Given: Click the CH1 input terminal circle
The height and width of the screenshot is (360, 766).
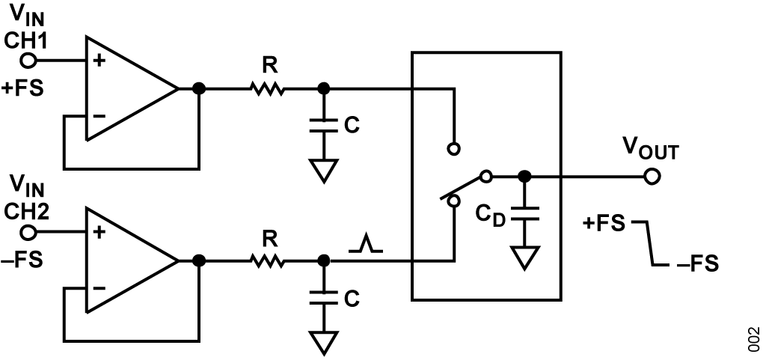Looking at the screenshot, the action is pyautogui.click(x=29, y=61).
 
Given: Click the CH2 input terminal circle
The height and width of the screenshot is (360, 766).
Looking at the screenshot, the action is pyautogui.click(x=29, y=233).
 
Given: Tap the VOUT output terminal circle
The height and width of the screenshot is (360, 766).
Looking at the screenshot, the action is pyautogui.click(x=652, y=177).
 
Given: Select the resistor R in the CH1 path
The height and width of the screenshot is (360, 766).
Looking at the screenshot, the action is pyautogui.click(x=267, y=89).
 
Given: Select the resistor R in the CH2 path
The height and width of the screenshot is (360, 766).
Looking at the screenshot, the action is pyautogui.click(x=267, y=261).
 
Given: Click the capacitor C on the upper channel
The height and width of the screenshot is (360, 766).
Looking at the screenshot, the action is pyautogui.click(x=323, y=125).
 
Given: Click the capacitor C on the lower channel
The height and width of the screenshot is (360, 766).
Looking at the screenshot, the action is pyautogui.click(x=323, y=298).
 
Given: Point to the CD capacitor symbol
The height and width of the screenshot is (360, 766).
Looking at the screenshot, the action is pyautogui.click(x=524, y=213).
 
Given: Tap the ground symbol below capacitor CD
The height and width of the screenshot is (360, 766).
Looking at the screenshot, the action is pyautogui.click(x=524, y=257).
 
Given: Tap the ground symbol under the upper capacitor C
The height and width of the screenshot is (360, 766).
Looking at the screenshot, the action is pyautogui.click(x=323, y=171).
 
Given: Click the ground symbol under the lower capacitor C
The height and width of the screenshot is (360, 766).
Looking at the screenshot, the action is pyautogui.click(x=323, y=343).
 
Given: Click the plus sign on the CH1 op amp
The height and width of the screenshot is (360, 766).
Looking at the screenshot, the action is pyautogui.click(x=99, y=61).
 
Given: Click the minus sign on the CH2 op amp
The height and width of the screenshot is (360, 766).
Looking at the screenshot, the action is pyautogui.click(x=99, y=287).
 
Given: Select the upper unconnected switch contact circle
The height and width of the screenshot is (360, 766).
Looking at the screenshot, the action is pyautogui.click(x=454, y=148).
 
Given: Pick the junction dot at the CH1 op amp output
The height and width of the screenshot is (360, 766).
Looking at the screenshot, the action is pyautogui.click(x=199, y=89).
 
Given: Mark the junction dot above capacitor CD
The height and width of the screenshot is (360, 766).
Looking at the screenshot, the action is pyautogui.click(x=524, y=177).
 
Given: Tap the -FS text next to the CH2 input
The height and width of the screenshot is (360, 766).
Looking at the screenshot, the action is pyautogui.click(x=22, y=260).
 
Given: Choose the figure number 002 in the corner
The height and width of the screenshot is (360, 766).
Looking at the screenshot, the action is pyautogui.click(x=754, y=339).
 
